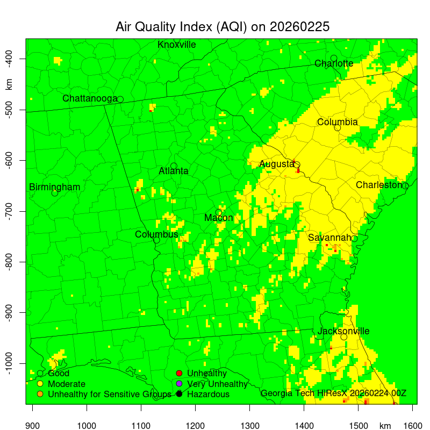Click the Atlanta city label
click(x=173, y=171)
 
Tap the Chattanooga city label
click(x=90, y=98)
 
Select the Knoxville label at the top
click(x=176, y=45)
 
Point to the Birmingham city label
click(x=54, y=187)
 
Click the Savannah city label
click(x=329, y=238)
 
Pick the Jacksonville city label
click(x=343, y=331)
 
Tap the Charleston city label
click(x=378, y=185)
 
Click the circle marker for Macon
click(x=219, y=212)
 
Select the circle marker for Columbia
click(x=338, y=127)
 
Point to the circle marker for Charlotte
click(x=334, y=58)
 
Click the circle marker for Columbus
click(x=156, y=240)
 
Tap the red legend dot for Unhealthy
click(x=180, y=373)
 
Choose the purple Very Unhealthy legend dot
click(x=180, y=384)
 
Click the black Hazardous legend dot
click(x=180, y=394)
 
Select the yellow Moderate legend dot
click(x=40, y=384)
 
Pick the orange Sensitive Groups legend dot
click(x=40, y=394)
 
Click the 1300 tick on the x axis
click(x=249, y=425)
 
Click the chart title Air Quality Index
click(x=223, y=27)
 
